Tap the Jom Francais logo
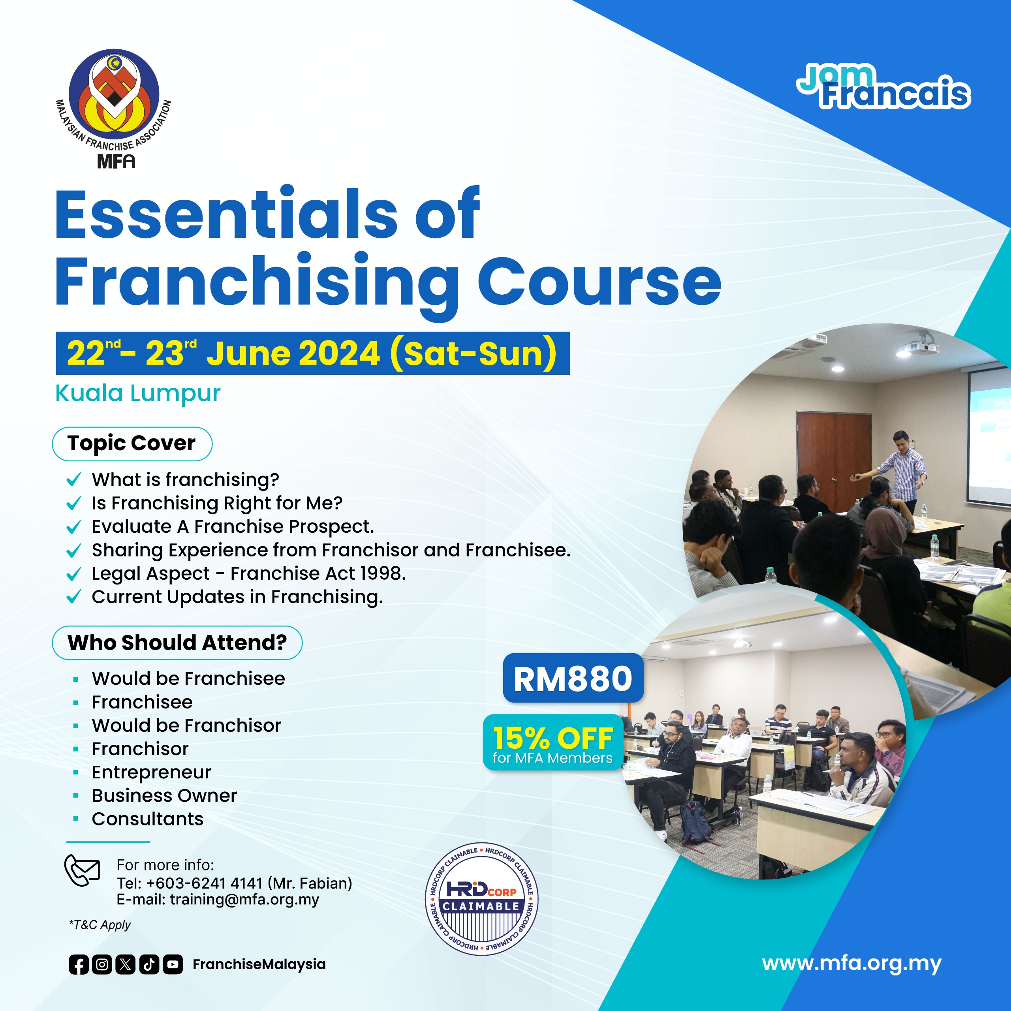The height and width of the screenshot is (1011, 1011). pyautogui.click(x=884, y=87)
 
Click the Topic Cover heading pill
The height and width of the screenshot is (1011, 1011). pyautogui.click(x=132, y=444)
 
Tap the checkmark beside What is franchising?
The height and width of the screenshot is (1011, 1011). pyautogui.click(x=74, y=479)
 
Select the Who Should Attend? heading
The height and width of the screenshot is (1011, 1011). pyautogui.click(x=177, y=643)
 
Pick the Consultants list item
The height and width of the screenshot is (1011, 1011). pyautogui.click(x=148, y=819)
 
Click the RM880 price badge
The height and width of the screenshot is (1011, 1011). pyautogui.click(x=573, y=679)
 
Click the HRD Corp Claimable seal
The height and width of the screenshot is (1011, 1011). pyautogui.click(x=481, y=899)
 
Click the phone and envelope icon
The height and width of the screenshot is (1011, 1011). pyautogui.click(x=82, y=871)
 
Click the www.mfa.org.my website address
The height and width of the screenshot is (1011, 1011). pyautogui.click(x=851, y=963)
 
